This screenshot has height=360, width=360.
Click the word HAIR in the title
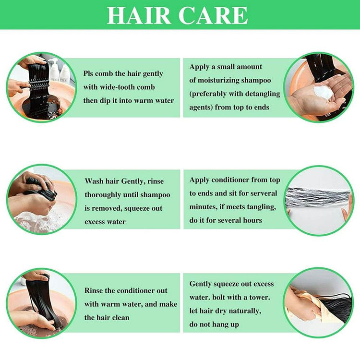tap(139, 15)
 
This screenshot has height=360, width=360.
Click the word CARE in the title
tap(213, 15)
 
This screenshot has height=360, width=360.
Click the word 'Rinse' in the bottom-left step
tap(94, 290)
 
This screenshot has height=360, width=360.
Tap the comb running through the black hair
tap(38, 85)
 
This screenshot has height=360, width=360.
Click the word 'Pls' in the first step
tap(88, 74)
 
